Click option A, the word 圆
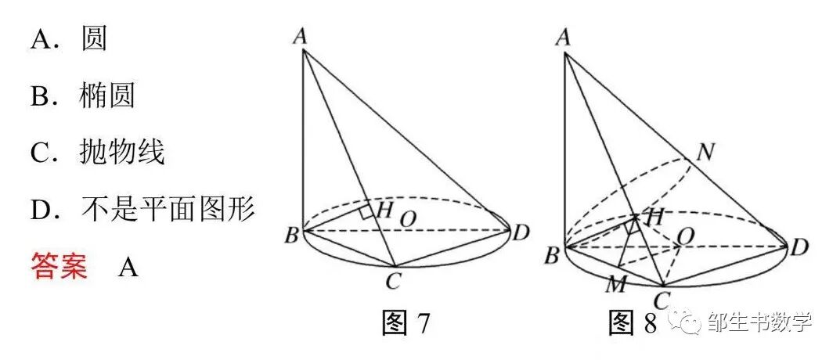94,38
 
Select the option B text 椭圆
106,95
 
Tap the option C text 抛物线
121,153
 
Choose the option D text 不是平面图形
168,209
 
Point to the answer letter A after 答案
128,267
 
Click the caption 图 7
406,322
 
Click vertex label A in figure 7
298,35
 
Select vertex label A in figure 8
561,36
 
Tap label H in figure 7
384,209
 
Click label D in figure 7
521,232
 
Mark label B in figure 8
551,254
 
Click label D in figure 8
799,249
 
